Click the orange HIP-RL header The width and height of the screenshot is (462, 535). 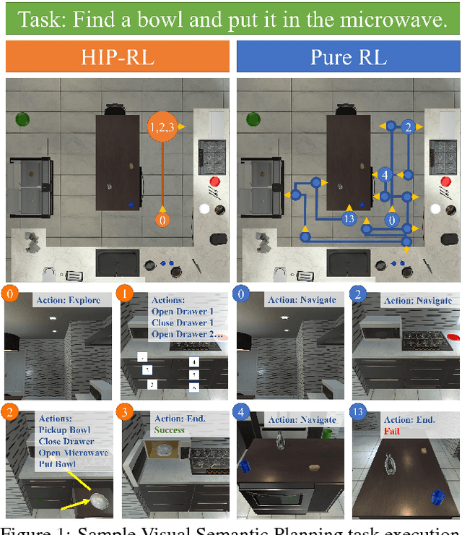click(117, 56)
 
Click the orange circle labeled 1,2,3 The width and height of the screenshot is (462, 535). click(162, 127)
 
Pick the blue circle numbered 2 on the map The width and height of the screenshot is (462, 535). click(408, 127)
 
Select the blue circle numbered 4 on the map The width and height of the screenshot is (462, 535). click(385, 175)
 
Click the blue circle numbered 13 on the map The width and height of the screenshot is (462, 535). click(349, 218)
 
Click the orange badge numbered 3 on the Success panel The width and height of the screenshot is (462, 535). click(127, 413)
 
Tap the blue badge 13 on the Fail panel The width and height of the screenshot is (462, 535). click(359, 413)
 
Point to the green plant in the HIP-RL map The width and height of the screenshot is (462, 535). click(22, 118)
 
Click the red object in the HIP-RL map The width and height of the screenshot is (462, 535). click(214, 181)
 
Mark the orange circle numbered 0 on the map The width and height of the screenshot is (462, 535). click(162, 219)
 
